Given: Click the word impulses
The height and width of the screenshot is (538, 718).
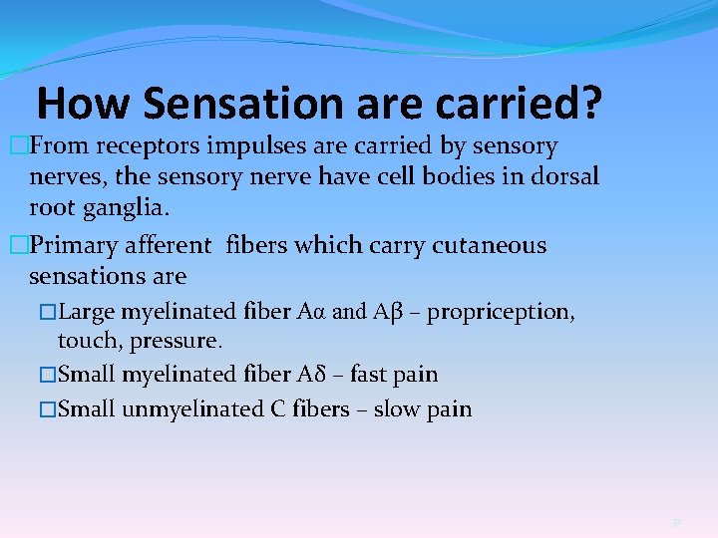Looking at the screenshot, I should (256, 146).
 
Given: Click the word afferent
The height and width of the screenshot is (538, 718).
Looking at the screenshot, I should (176, 245).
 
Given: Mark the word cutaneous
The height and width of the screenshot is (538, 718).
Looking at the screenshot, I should (489, 245).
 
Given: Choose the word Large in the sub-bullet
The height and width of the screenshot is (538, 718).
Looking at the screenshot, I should (87, 312).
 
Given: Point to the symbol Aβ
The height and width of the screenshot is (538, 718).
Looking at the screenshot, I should (387, 312).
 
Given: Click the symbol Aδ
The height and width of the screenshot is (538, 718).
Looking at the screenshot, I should (310, 375).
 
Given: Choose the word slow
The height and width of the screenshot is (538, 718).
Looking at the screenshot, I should (393, 408).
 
